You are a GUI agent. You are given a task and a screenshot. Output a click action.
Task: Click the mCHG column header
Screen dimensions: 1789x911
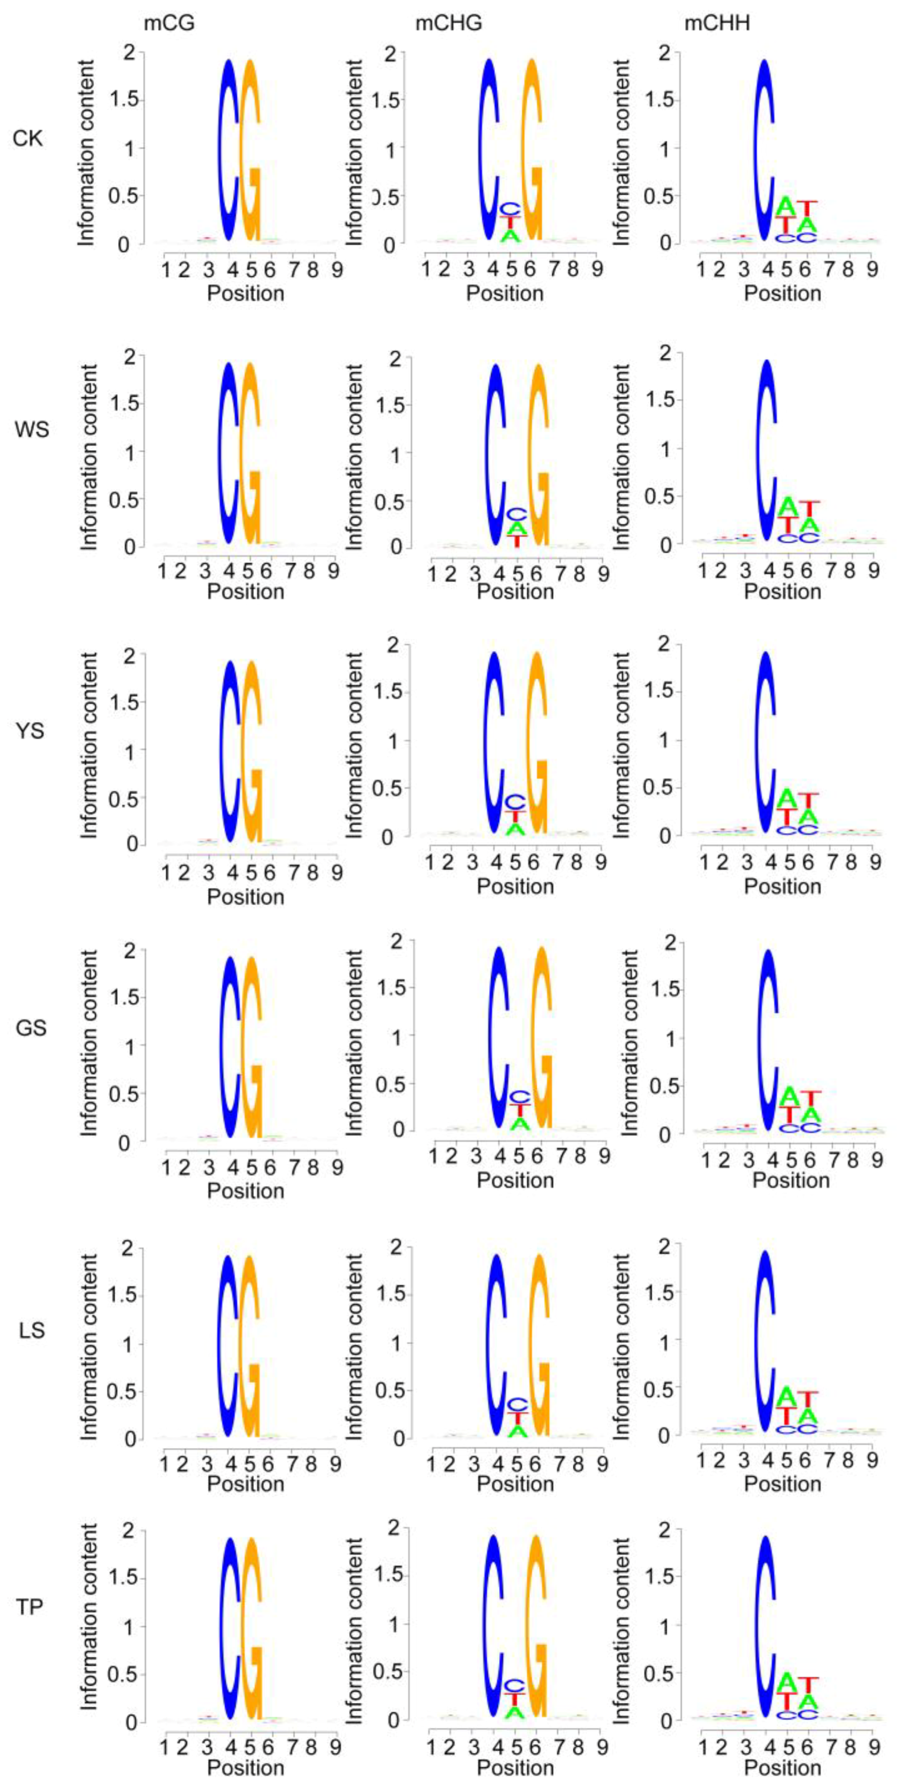point(448,24)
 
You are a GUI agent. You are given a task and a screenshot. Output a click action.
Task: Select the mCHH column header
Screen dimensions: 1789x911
point(717,24)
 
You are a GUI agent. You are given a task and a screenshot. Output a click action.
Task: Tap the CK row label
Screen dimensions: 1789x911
point(28,138)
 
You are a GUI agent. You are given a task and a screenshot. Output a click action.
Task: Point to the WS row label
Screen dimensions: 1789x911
point(32,430)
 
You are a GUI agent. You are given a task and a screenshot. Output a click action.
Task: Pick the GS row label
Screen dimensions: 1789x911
point(31,1027)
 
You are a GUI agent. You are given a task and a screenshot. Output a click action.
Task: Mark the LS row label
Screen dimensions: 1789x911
point(32,1331)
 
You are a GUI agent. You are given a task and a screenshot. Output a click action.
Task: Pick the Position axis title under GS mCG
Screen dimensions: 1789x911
point(245,1190)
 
